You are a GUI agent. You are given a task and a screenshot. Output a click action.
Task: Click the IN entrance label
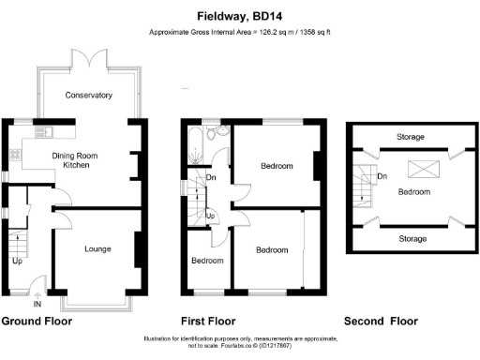coord(37,305)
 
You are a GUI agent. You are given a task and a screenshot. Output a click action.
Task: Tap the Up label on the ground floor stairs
coord(17,261)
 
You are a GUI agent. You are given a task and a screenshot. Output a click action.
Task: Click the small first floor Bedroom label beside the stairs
coord(207,260)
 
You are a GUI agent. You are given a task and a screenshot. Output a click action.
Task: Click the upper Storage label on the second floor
coord(410,137)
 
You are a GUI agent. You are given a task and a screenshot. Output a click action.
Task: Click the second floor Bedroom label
coord(414,191)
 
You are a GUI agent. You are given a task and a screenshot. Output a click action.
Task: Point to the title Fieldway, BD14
coord(240,16)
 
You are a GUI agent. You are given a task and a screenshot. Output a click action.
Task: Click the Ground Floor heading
coord(37,321)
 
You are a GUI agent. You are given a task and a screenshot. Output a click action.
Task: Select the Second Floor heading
coord(380,321)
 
